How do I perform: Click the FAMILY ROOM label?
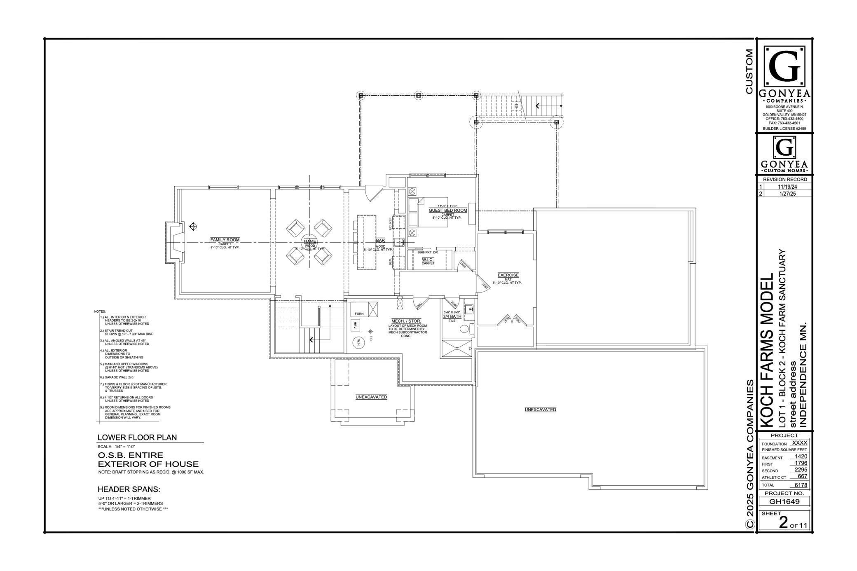[x=225, y=240]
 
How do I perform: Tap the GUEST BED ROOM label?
[x=447, y=211]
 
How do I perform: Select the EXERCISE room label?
[x=508, y=275]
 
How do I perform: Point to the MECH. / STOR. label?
[x=406, y=321]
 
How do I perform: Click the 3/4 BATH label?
[x=452, y=316]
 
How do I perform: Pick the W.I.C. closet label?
[x=428, y=260]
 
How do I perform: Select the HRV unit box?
[x=355, y=325]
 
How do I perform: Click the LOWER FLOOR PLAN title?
[x=137, y=438]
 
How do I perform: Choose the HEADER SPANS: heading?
[x=129, y=489]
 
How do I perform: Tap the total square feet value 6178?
[x=801, y=485]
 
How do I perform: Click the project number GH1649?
[x=784, y=501]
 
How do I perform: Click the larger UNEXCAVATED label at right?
[x=540, y=410]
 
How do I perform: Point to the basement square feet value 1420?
[x=801, y=456]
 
